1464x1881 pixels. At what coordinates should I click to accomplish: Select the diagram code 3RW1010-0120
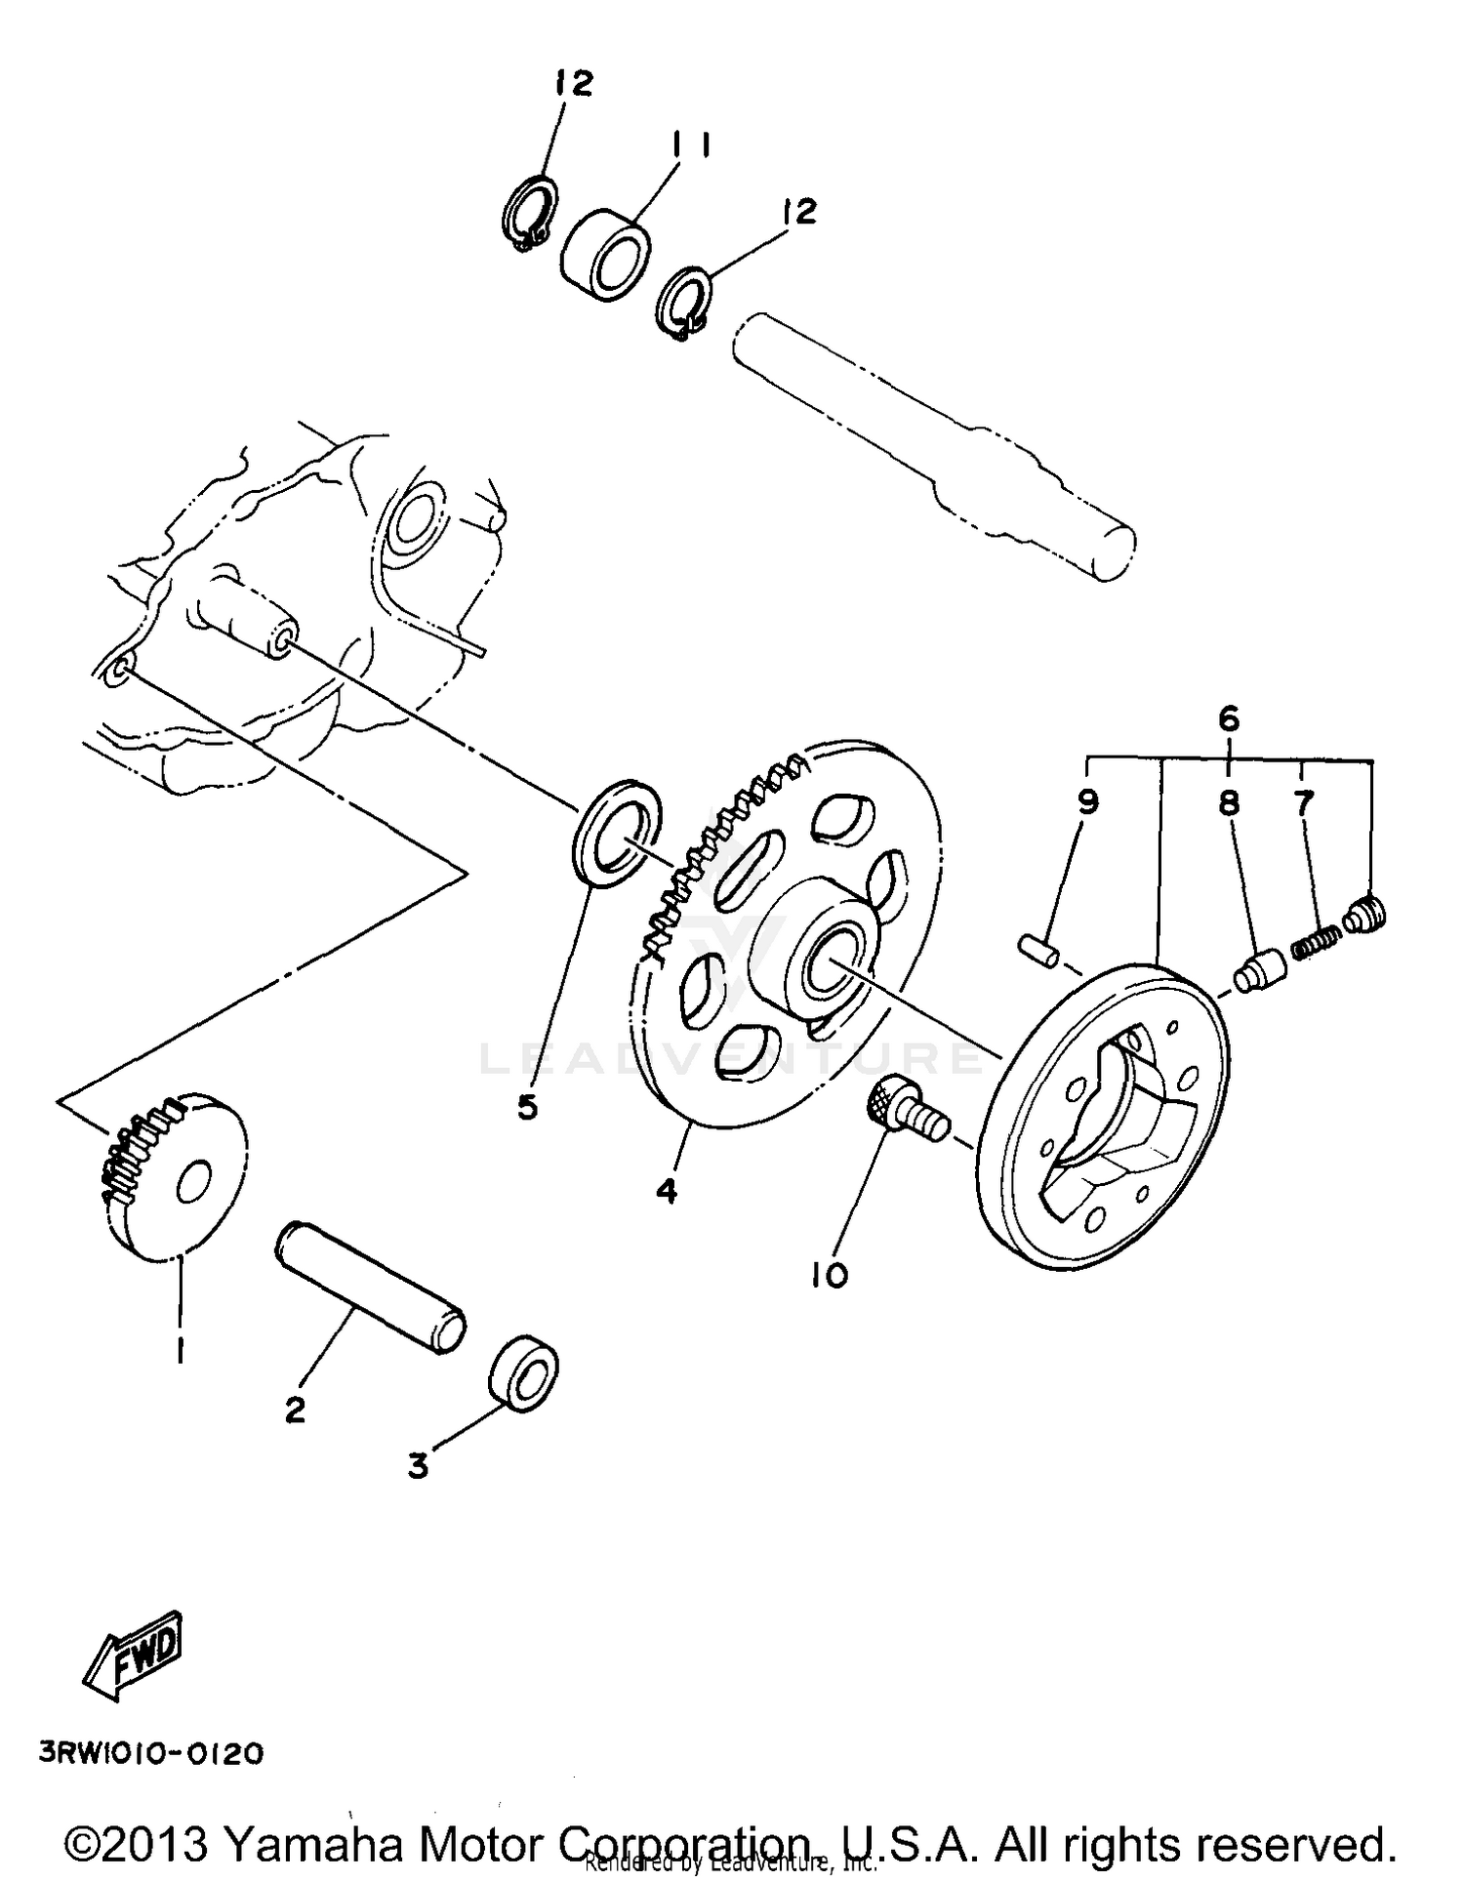click(x=151, y=1754)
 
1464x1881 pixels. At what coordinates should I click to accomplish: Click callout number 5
click(x=527, y=1107)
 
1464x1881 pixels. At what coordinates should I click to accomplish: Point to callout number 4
click(x=667, y=1191)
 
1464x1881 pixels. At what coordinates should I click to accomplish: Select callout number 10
click(x=829, y=1274)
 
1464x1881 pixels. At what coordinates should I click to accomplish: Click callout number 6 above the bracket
click(x=1229, y=719)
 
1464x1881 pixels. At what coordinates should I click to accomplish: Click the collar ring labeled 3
click(x=523, y=1371)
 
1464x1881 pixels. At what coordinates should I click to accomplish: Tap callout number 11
click(x=689, y=145)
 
